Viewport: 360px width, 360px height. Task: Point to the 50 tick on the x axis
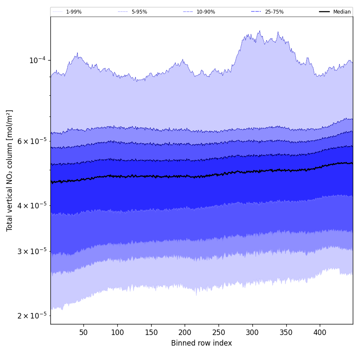point(83,332)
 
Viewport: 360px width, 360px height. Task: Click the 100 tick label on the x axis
point(117,332)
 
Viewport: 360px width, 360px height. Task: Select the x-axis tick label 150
point(151,332)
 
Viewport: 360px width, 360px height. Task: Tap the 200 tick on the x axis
point(185,332)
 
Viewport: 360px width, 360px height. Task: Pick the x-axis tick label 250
point(219,332)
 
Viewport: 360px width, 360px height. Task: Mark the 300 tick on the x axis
point(252,332)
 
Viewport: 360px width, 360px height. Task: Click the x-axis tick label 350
point(286,332)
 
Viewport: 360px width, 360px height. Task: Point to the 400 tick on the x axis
point(320,332)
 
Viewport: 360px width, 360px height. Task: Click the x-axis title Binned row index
point(202,343)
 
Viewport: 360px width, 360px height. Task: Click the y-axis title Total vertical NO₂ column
point(10,170)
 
